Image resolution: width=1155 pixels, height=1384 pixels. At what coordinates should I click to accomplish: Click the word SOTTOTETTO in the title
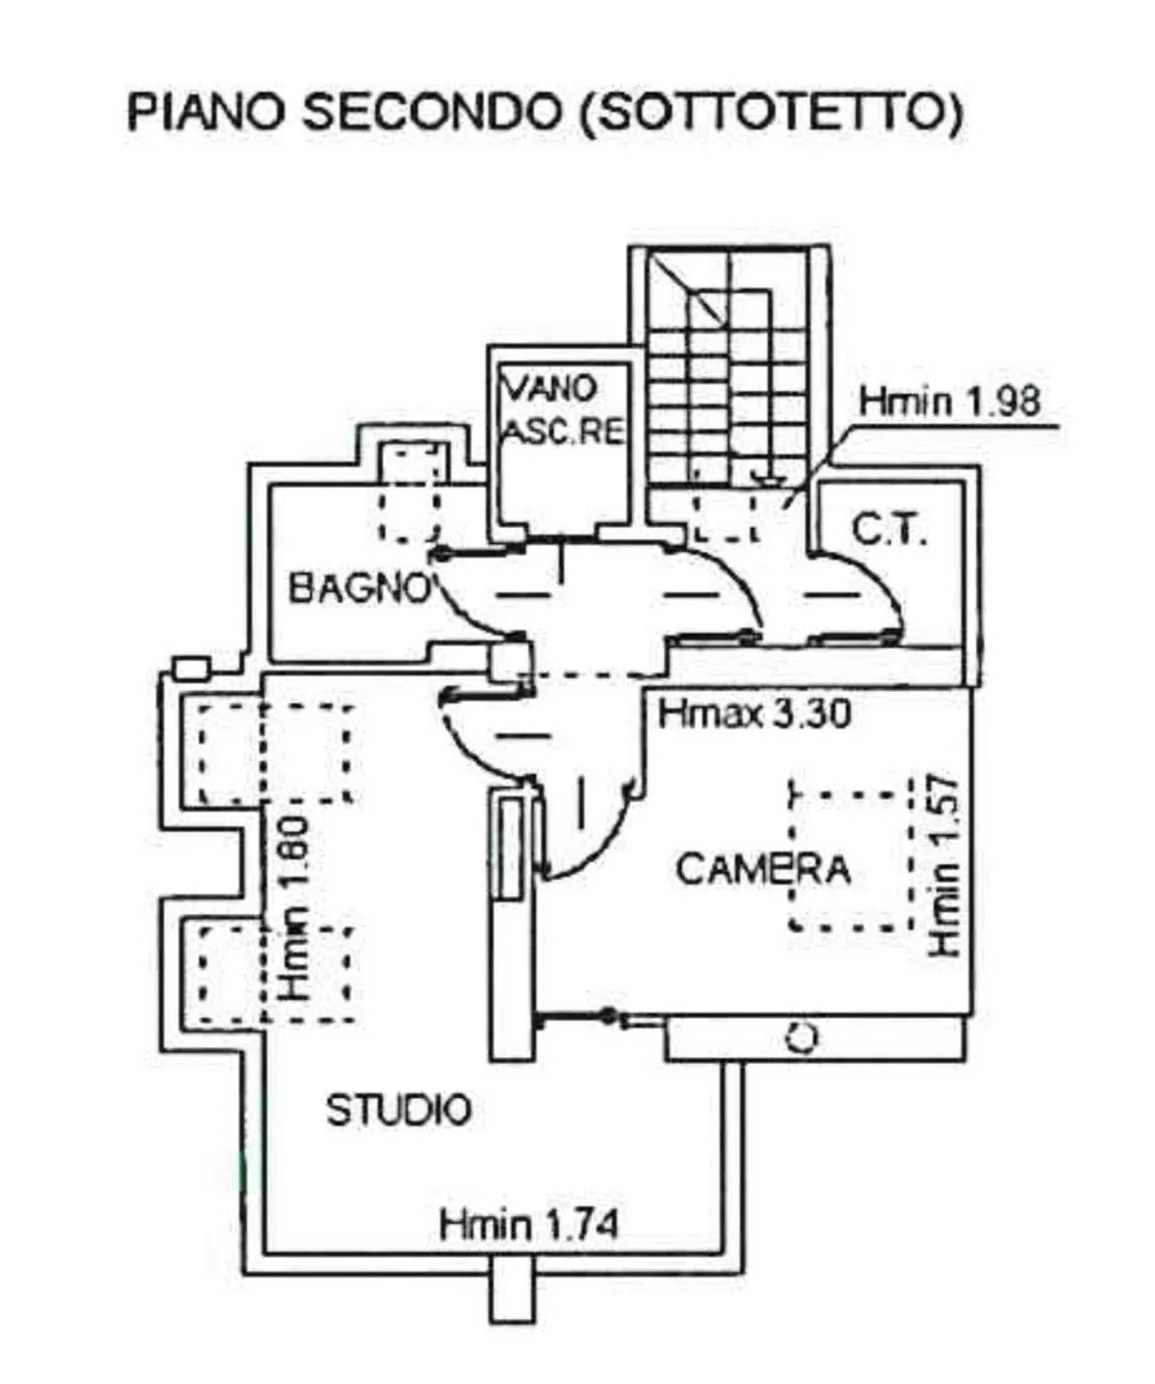[771, 112]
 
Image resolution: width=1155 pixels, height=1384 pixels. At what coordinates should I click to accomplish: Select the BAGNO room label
[359, 587]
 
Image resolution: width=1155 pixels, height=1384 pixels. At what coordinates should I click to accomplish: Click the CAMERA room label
[763, 869]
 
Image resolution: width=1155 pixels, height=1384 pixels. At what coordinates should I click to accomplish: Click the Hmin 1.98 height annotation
[950, 401]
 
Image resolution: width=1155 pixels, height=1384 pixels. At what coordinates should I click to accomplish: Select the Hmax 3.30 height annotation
[754, 715]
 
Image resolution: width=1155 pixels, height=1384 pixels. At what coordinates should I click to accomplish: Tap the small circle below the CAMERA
[802, 1038]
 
